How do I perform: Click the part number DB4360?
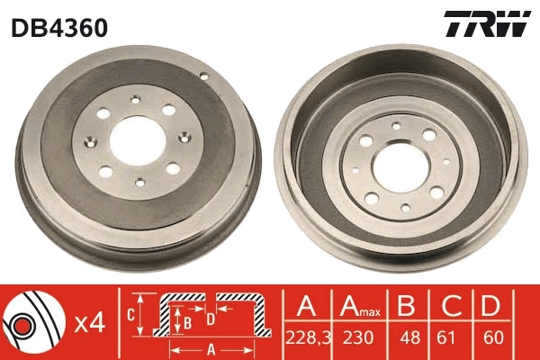59,28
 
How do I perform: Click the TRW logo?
486,25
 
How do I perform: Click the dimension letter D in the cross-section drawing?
210,318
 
